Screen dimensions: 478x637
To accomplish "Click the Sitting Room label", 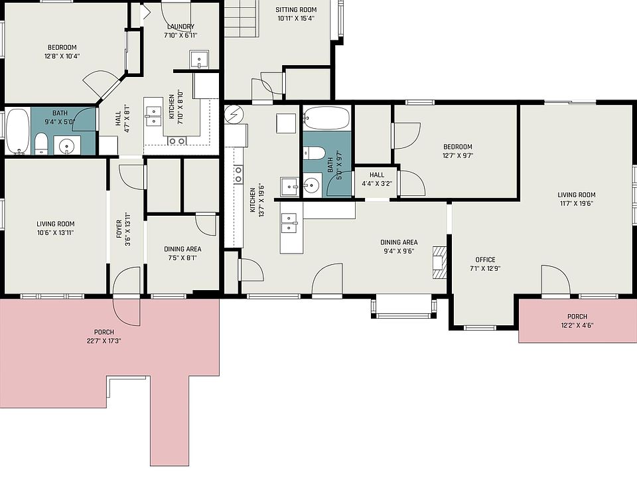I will tap(295, 10).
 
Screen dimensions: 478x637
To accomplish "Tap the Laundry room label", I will tap(180, 27).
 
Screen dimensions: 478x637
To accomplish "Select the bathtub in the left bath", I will tap(17, 131).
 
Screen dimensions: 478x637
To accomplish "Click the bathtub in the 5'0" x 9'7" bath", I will tap(326, 119).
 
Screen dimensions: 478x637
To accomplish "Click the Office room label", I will tap(485, 260).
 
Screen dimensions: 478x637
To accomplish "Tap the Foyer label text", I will tap(120, 229).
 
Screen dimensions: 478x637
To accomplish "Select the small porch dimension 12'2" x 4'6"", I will tap(577, 325).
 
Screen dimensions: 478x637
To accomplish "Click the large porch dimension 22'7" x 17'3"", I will tap(104, 341).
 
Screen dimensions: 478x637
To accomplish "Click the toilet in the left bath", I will tap(40, 143).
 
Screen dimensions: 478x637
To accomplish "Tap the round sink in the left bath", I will tap(66, 145).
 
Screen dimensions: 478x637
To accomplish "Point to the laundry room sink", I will tap(199, 60).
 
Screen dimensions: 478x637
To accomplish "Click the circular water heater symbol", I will tap(234, 115).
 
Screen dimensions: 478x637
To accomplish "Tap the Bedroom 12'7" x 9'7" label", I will tap(458, 151).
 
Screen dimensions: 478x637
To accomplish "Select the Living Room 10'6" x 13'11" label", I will tap(55, 228).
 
